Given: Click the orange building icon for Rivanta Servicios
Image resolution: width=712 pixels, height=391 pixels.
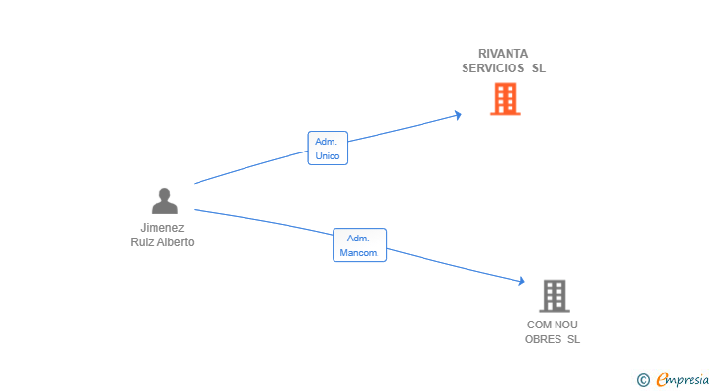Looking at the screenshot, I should [x=505, y=99].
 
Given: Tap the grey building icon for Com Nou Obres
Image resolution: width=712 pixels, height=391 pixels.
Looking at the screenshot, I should [x=554, y=295].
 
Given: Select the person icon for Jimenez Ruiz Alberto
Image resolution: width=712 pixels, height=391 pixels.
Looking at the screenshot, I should [x=164, y=200].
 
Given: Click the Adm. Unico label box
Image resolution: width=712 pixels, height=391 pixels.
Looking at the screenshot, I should [x=328, y=149].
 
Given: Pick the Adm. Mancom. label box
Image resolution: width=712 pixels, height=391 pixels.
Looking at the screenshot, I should [x=360, y=245].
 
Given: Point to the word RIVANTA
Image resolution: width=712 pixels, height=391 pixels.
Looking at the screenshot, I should [x=503, y=53].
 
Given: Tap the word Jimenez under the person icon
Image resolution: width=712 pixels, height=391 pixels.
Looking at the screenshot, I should [x=162, y=228].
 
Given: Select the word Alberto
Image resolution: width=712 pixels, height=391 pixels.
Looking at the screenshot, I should [x=176, y=242].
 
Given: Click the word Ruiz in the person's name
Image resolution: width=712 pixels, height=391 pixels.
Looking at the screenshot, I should [x=143, y=242].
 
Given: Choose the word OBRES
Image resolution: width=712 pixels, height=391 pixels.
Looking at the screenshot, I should [x=543, y=339].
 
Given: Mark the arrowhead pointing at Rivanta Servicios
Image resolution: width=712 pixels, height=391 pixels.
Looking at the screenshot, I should [x=457, y=115].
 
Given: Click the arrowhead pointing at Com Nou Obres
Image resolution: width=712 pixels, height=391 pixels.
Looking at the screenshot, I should [x=521, y=282].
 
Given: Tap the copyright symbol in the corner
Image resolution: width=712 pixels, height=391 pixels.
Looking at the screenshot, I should [x=643, y=379].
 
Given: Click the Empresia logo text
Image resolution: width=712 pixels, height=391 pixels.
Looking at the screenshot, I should [x=682, y=379].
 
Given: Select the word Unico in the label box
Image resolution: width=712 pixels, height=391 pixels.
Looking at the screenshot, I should [x=328, y=155].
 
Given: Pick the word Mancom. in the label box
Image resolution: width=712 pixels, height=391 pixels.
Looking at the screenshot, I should [x=360, y=253].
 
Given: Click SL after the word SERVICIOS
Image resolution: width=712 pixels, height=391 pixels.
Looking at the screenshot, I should [x=539, y=68].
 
